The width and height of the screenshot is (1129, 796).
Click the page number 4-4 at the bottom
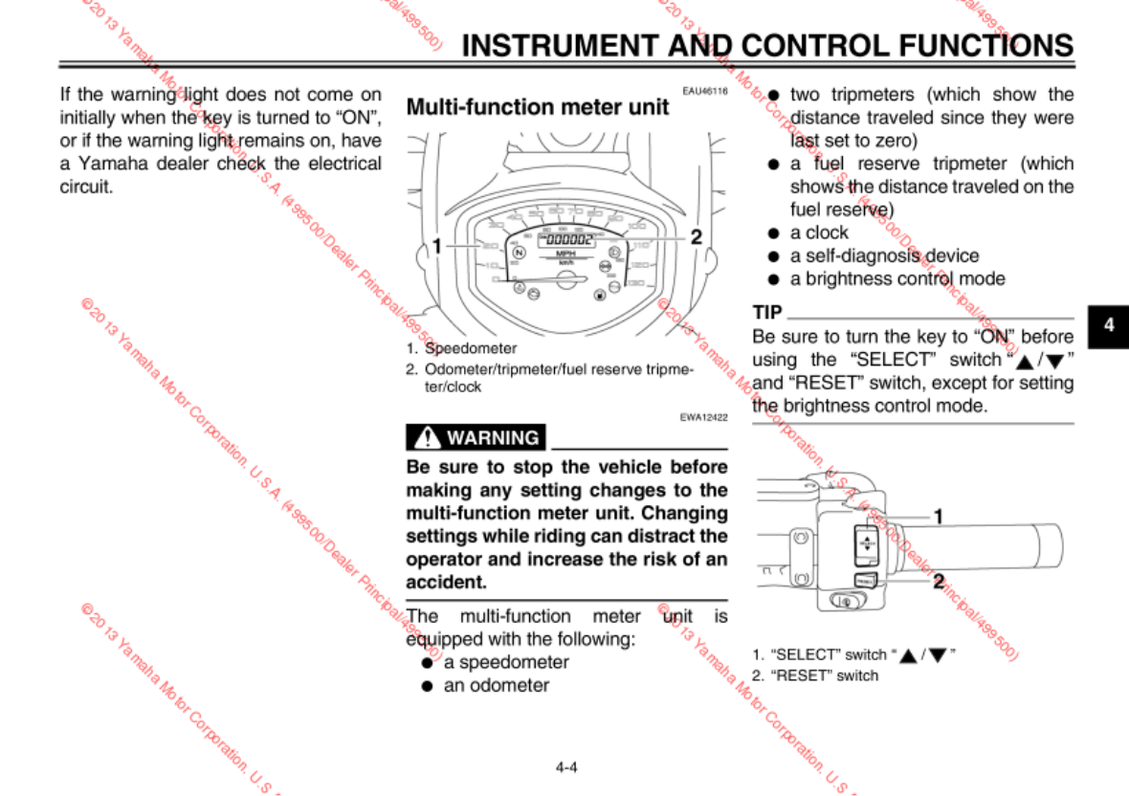pyautogui.click(x=565, y=766)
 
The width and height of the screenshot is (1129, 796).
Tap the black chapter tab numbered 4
pyautogui.click(x=1109, y=325)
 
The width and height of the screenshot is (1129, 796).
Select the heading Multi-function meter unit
pyautogui.click(x=538, y=107)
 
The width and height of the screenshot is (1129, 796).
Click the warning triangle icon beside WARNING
pyautogui.click(x=427, y=438)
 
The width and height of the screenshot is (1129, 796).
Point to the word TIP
pyautogui.click(x=767, y=313)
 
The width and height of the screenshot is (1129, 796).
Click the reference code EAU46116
pyautogui.click(x=705, y=92)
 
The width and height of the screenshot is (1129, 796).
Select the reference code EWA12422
pyautogui.click(x=705, y=418)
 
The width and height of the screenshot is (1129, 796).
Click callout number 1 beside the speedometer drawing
pyautogui.click(x=436, y=246)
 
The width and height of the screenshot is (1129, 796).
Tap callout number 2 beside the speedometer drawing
pyautogui.click(x=697, y=236)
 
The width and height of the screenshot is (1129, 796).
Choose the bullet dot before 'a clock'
pyautogui.click(x=771, y=233)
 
